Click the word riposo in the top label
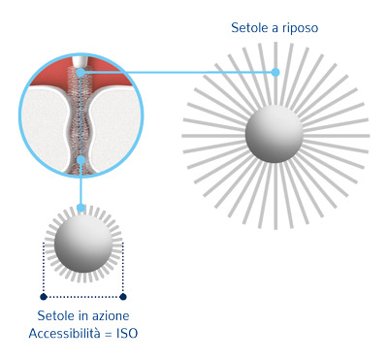(x=301, y=28)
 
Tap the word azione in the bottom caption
(x=112, y=315)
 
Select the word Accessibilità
(x=65, y=333)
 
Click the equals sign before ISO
(x=109, y=334)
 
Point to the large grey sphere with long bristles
(x=275, y=133)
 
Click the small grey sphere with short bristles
(x=83, y=244)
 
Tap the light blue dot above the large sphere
(x=275, y=72)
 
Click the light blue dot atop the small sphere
(x=81, y=208)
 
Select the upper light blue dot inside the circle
(x=81, y=72)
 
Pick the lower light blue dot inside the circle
(x=81, y=160)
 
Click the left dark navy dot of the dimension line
(x=44, y=297)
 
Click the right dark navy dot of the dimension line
(x=123, y=297)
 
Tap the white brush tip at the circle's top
(x=78, y=62)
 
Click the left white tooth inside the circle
(x=46, y=123)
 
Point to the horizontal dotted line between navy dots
(x=83, y=297)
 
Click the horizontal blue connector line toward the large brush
(x=178, y=72)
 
